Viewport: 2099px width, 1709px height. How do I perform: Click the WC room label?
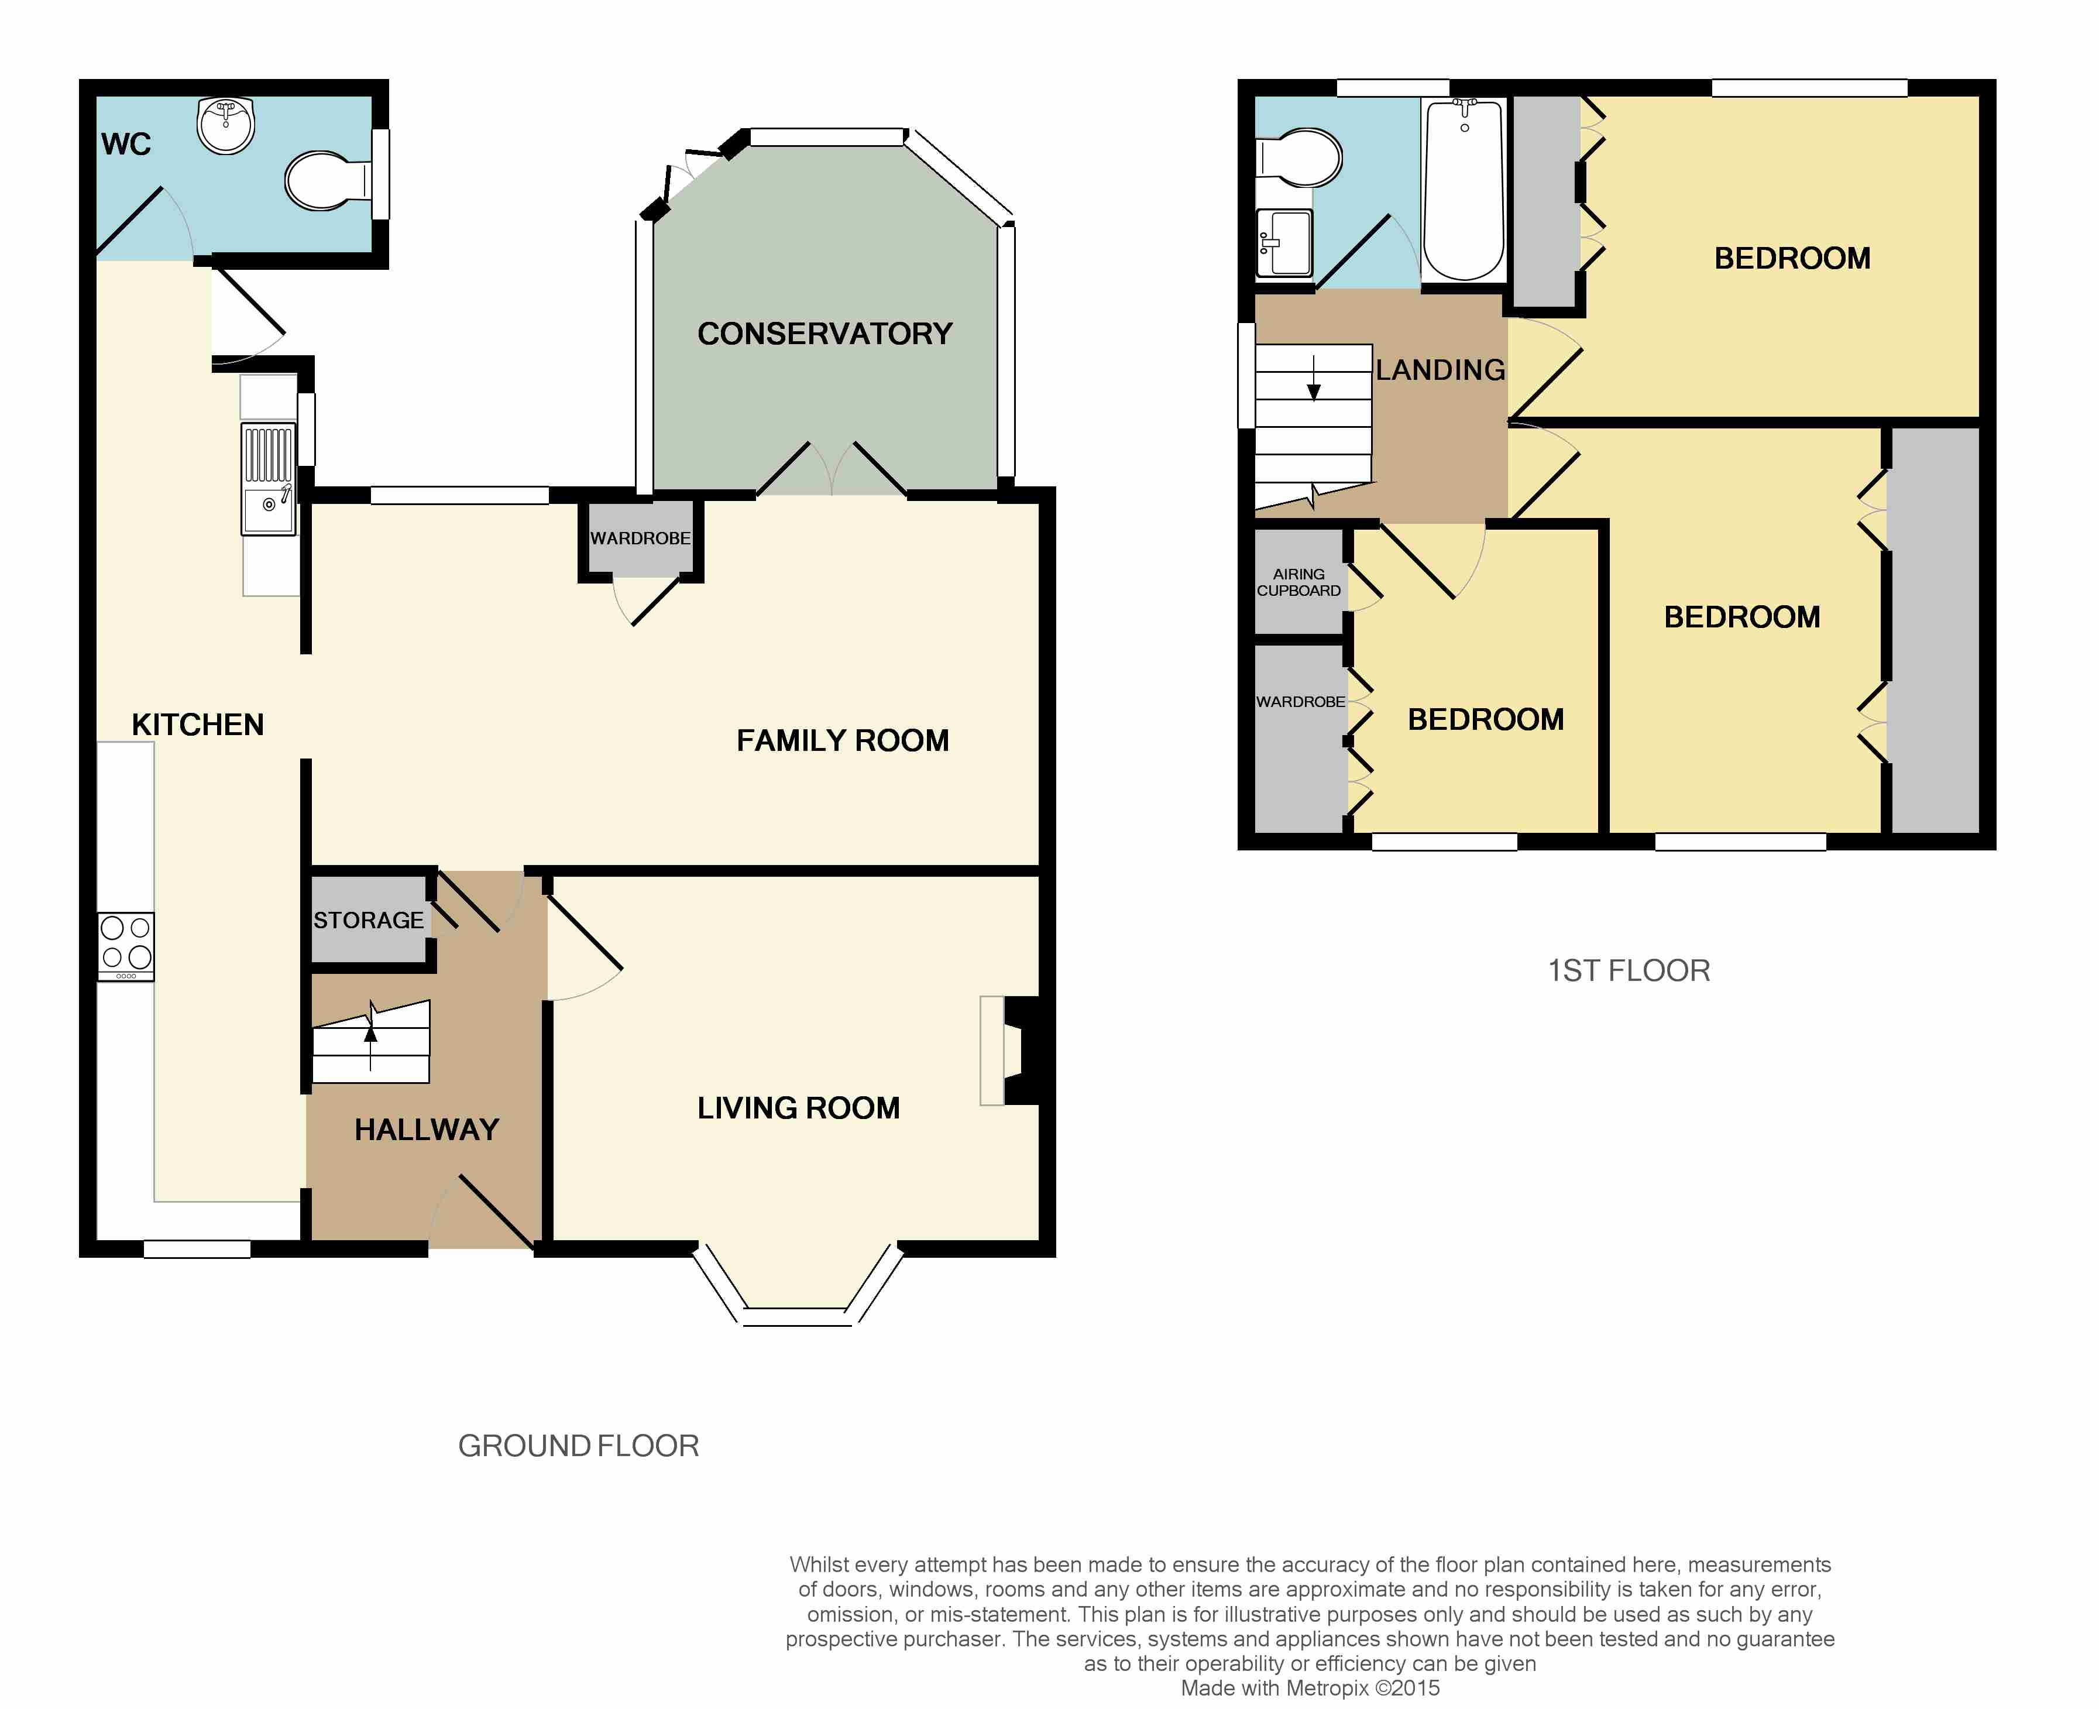pyautogui.click(x=126, y=145)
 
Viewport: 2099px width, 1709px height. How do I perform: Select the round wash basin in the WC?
pyautogui.click(x=226, y=125)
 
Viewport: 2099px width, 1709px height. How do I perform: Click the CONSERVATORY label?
pyautogui.click(x=825, y=334)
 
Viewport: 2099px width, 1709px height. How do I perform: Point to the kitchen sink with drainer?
pyautogui.click(x=267, y=479)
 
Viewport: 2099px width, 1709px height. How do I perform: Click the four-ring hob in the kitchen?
pyautogui.click(x=126, y=946)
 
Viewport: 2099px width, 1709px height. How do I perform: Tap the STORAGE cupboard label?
pyautogui.click(x=368, y=921)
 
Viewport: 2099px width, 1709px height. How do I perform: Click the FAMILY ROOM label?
pyautogui.click(x=843, y=740)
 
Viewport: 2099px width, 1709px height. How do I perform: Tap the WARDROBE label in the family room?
pyautogui.click(x=641, y=538)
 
